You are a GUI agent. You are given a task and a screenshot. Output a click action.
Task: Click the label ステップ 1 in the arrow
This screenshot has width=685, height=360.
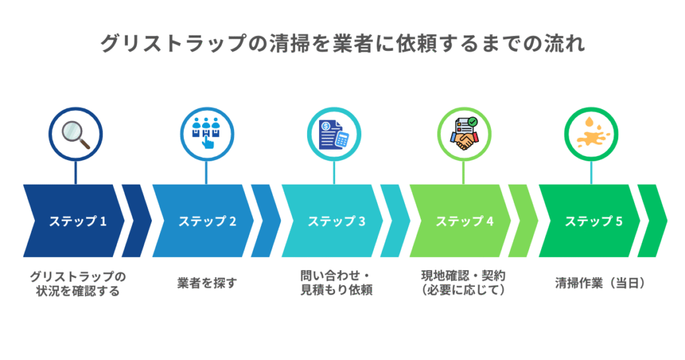(x=78, y=221)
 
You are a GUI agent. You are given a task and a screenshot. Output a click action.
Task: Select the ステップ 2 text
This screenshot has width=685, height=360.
(x=207, y=221)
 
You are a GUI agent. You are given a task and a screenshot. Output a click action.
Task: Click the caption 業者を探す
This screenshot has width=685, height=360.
(x=207, y=283)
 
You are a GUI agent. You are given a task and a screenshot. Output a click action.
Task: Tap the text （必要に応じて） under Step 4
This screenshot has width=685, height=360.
(x=463, y=291)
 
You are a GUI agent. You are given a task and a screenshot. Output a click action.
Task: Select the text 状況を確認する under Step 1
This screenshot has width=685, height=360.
(x=78, y=291)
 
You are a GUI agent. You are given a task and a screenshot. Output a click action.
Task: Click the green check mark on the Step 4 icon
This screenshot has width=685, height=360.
(x=473, y=122)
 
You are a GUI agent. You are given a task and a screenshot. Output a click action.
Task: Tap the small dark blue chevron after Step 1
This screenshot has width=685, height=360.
(x=136, y=221)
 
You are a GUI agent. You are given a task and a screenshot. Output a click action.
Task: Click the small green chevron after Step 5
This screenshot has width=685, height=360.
(x=652, y=221)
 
